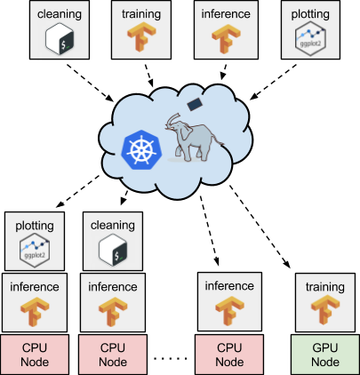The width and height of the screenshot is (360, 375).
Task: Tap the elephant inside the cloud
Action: point(195,140)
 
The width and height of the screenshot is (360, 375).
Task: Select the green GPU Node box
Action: point(325,355)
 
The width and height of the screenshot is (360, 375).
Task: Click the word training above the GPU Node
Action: point(325,287)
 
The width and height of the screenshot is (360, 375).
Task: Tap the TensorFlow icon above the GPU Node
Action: point(325,313)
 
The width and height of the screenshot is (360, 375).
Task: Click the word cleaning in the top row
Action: point(60,14)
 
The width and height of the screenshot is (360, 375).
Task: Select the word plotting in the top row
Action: point(311,14)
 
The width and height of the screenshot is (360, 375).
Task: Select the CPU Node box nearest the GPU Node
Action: point(229,355)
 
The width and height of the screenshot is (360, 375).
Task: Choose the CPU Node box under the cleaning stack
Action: point(112,355)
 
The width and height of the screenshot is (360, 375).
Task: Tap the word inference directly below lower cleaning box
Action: point(112,287)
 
